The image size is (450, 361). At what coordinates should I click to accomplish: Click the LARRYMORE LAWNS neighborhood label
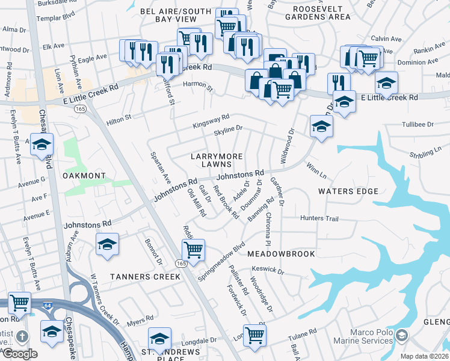point(217,160)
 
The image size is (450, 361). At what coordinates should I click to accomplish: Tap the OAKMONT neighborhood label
point(84,176)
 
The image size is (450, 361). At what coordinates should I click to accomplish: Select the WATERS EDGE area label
point(348,191)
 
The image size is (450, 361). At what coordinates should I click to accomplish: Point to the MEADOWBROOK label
point(281,254)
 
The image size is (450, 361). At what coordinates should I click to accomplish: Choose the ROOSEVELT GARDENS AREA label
point(321,13)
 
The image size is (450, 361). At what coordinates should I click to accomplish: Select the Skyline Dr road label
point(228,128)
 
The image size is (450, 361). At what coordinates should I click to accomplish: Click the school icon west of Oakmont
point(42,144)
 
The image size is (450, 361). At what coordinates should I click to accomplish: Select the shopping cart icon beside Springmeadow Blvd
point(193,248)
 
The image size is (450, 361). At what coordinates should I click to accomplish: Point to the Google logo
point(20,354)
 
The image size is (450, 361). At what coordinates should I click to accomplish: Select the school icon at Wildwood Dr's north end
point(321,126)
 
